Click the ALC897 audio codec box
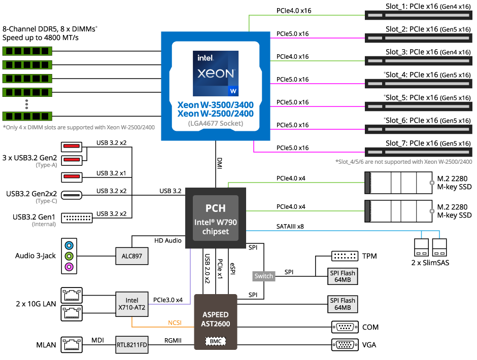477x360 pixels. [x=132, y=256]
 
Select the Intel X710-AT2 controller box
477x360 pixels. [x=132, y=303]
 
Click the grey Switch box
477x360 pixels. [x=264, y=276]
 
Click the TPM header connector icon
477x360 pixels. [x=345, y=256]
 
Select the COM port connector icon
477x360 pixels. [x=345, y=327]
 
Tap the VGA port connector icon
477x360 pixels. [x=345, y=345]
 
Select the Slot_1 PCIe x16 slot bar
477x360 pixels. [x=418, y=15]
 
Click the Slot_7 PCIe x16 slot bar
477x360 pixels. [x=418, y=152]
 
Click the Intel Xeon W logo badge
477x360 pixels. [x=216, y=74]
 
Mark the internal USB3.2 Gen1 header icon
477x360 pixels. [x=77, y=218]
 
